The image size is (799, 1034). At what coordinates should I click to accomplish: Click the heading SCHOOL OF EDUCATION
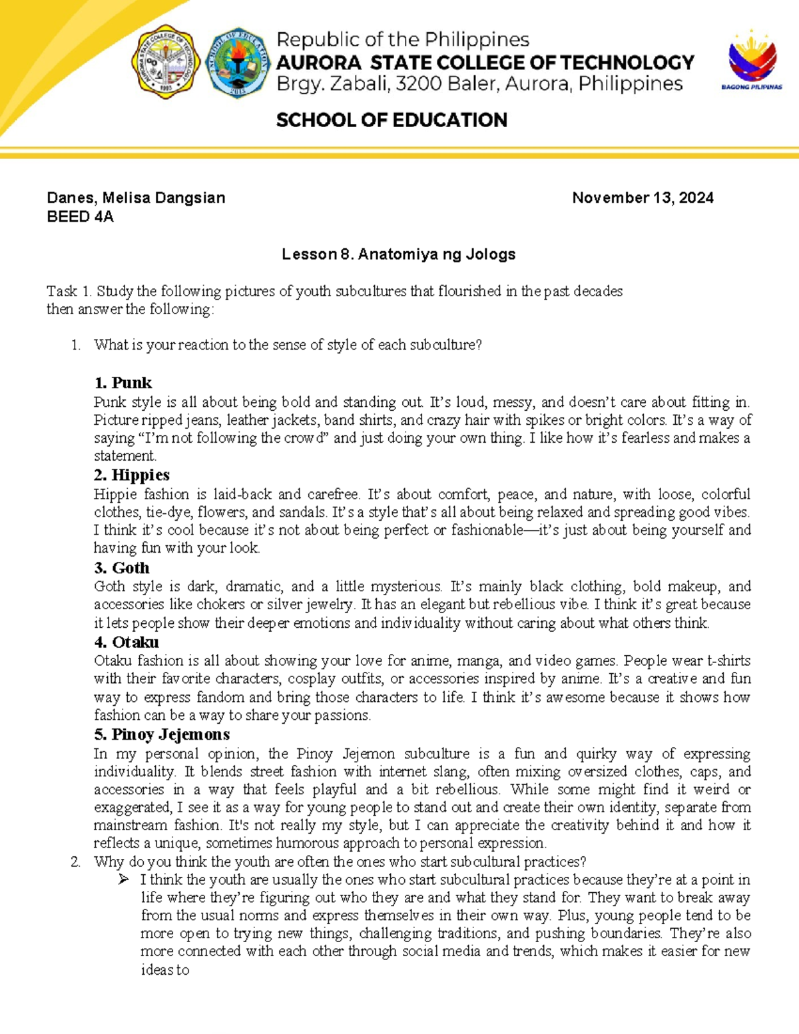pos(392,121)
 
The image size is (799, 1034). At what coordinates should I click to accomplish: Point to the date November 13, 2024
pos(643,198)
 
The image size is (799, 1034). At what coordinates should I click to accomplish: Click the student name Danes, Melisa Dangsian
pos(136,198)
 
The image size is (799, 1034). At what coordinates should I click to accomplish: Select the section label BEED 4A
pos(80,216)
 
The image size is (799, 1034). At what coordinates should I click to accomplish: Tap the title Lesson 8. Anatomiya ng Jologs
pos(398,254)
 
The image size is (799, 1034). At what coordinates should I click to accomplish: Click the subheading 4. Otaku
pos(126,643)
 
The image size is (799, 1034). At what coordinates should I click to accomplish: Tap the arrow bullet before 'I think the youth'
pos(123,880)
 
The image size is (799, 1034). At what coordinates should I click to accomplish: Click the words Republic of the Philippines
pos(403,40)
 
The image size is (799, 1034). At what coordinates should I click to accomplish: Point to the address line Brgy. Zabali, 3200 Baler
pos(479,84)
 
